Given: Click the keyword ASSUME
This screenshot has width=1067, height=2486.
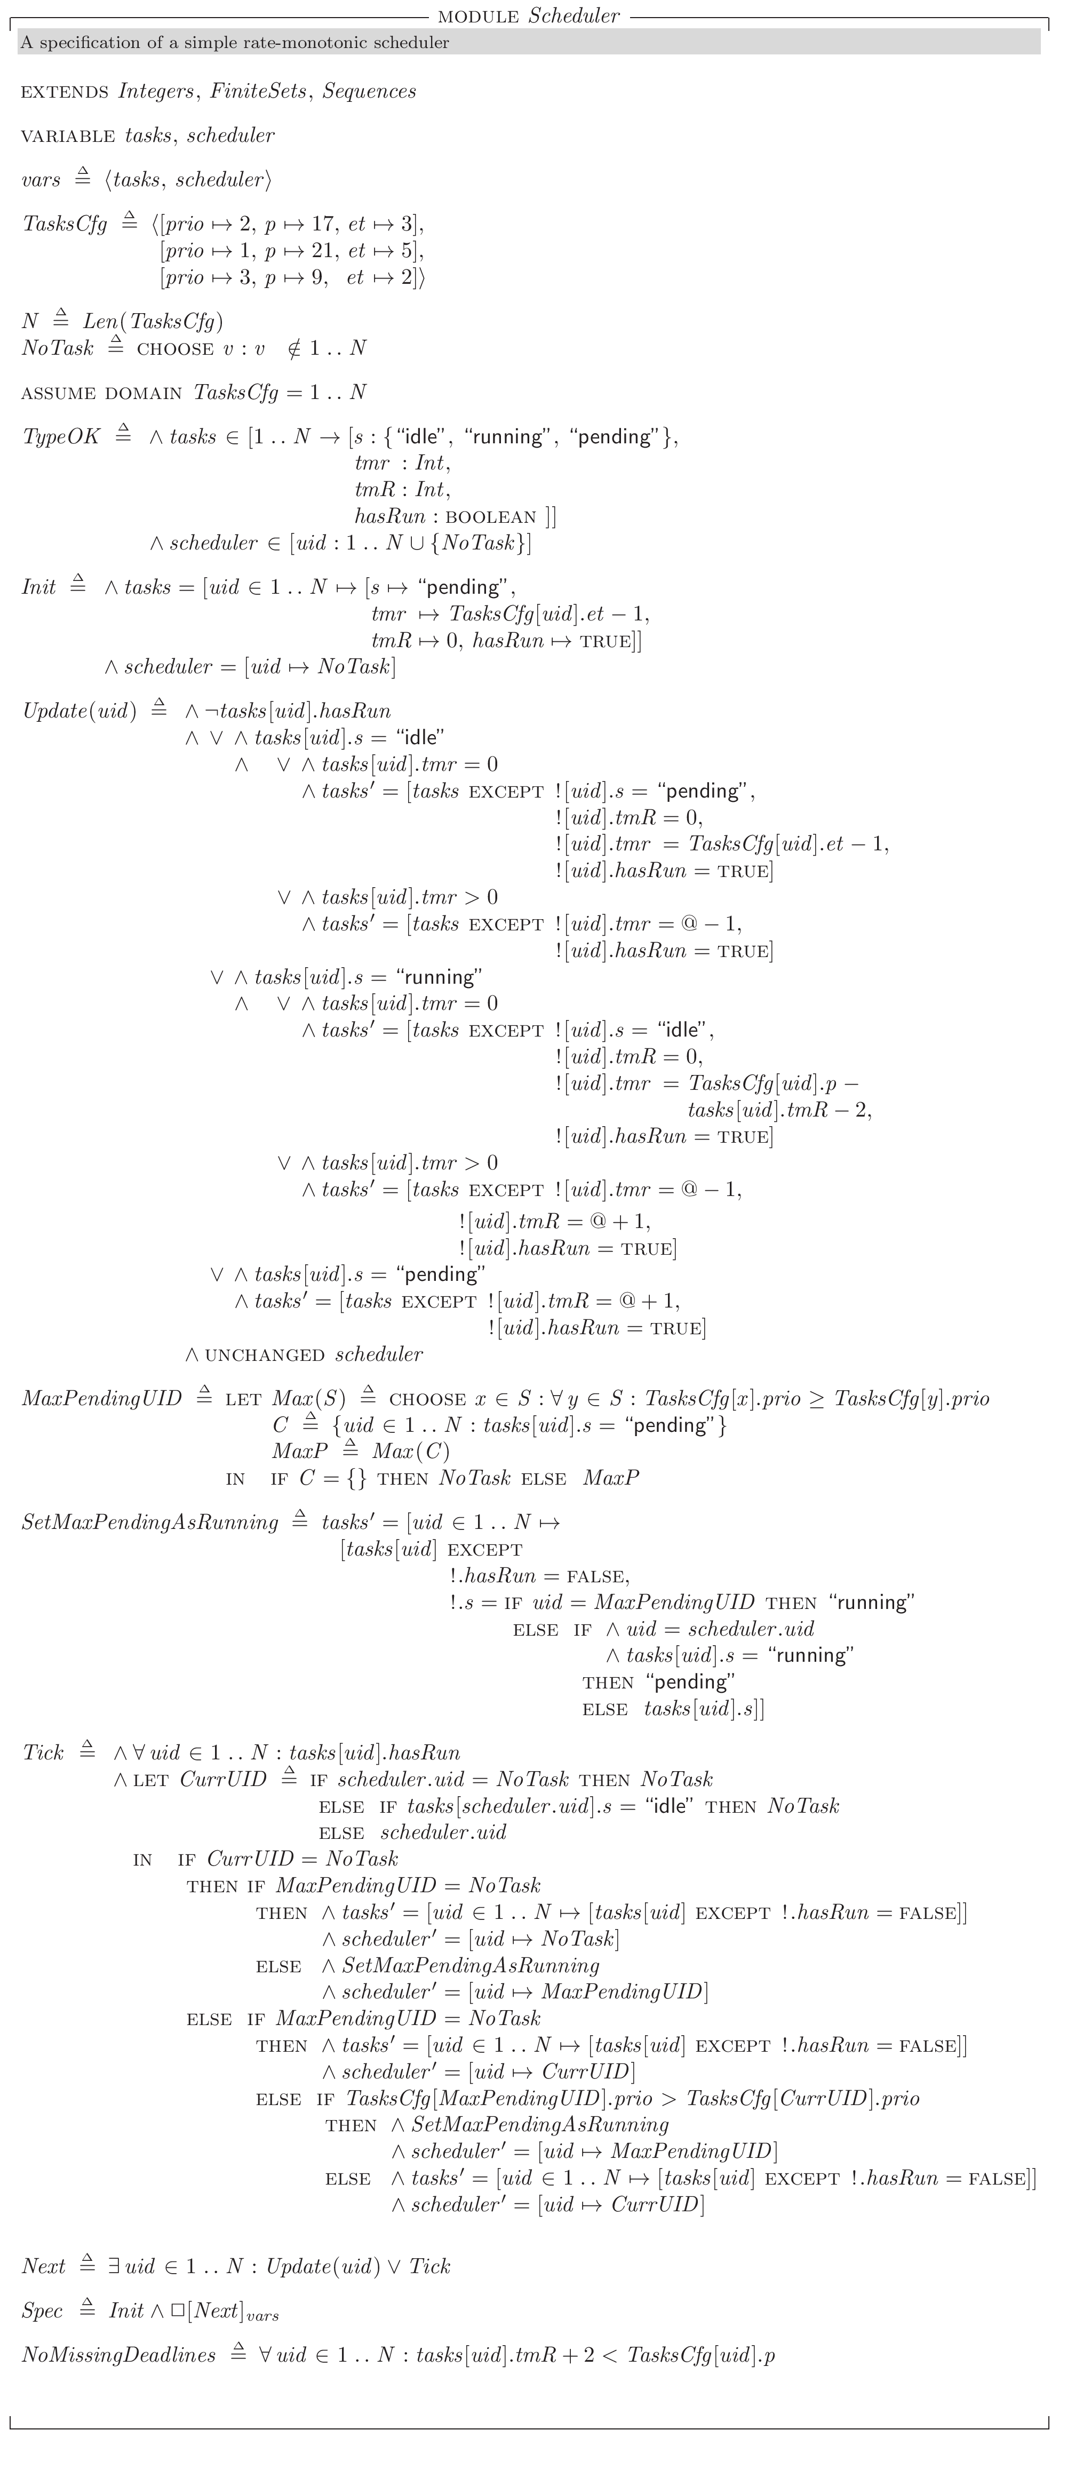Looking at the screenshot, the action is (58, 394).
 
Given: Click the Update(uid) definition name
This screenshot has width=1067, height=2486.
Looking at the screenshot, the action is (79, 711).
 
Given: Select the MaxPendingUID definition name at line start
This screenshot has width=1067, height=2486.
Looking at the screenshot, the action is (101, 1398).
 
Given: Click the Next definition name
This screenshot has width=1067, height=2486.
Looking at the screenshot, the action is (43, 2266).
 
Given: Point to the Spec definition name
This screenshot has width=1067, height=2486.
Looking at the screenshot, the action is (43, 2310).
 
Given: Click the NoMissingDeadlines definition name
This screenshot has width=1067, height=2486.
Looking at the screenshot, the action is (118, 2355).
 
